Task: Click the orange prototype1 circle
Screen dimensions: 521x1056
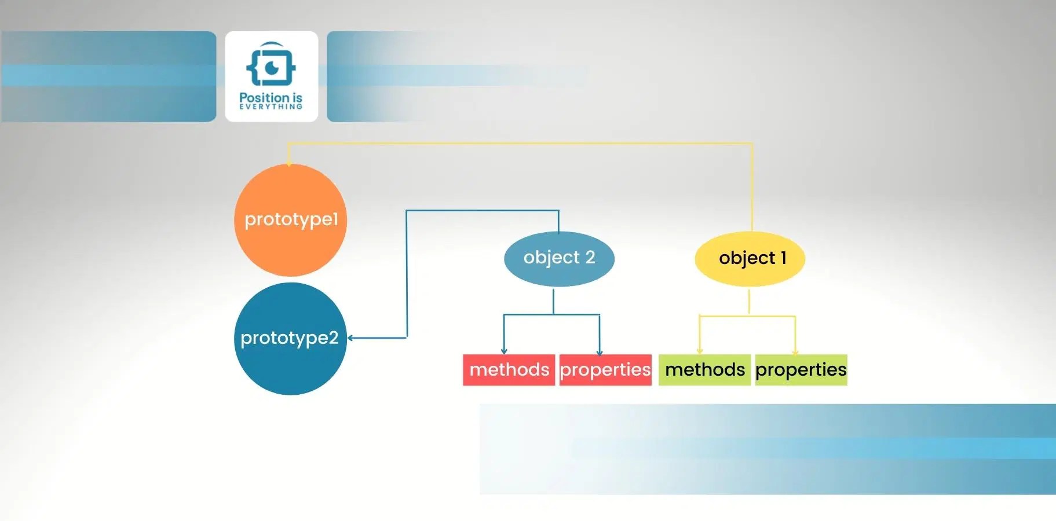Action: tap(290, 220)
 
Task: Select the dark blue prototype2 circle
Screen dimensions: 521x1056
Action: tap(290, 339)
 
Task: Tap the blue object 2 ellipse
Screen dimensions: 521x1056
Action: tap(559, 258)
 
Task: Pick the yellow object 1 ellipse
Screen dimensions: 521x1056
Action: tap(750, 258)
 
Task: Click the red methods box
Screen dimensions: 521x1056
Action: tap(509, 369)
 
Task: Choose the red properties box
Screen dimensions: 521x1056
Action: tap(605, 369)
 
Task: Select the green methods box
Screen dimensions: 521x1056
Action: tap(704, 369)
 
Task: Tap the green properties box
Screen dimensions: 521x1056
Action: tap(801, 369)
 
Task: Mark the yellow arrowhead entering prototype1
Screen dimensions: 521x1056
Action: tap(288, 163)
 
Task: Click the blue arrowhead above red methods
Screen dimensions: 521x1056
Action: tap(504, 351)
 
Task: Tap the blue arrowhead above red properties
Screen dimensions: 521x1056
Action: tap(600, 352)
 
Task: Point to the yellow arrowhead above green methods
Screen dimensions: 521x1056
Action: tap(700, 351)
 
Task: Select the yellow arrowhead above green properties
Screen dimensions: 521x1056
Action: tap(795, 351)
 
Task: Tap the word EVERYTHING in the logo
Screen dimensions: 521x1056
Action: tap(271, 107)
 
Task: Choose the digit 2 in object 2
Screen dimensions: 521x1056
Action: tap(590, 257)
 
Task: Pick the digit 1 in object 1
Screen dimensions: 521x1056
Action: tap(783, 258)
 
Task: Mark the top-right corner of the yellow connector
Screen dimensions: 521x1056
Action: tap(752, 144)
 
